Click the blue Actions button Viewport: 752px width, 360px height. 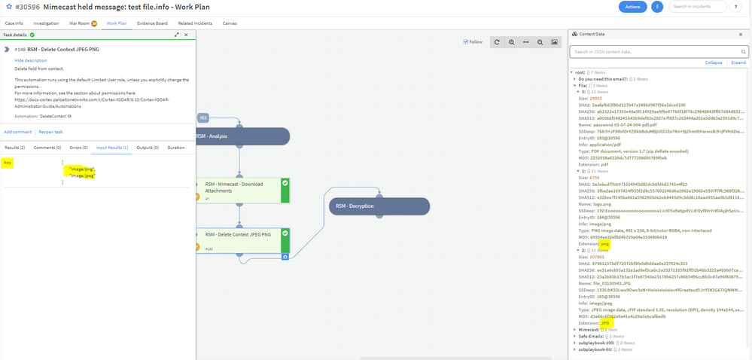point(632,7)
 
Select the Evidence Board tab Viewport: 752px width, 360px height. point(152,23)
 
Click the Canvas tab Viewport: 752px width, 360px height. point(229,23)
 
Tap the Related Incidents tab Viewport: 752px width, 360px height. point(195,23)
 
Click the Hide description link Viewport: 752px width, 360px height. point(30,60)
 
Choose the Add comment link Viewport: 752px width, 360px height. point(17,132)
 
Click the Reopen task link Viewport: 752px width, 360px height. point(50,132)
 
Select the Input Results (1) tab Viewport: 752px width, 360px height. point(112,148)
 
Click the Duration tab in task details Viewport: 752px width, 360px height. point(175,148)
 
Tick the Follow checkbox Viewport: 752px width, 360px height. point(466,42)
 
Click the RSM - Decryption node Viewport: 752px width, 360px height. point(379,206)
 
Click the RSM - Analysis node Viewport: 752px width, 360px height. point(241,136)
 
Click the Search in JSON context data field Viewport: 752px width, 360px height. point(657,51)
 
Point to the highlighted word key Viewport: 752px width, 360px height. point(8,162)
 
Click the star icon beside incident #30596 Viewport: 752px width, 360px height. point(9,7)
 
